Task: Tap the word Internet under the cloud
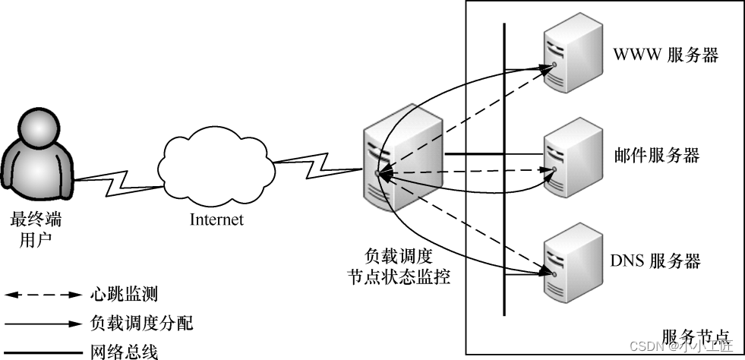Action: [x=216, y=220]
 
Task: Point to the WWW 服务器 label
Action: [x=665, y=55]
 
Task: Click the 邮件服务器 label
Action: [x=656, y=156]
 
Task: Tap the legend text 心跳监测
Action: [x=124, y=293]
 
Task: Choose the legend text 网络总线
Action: [x=124, y=351]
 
